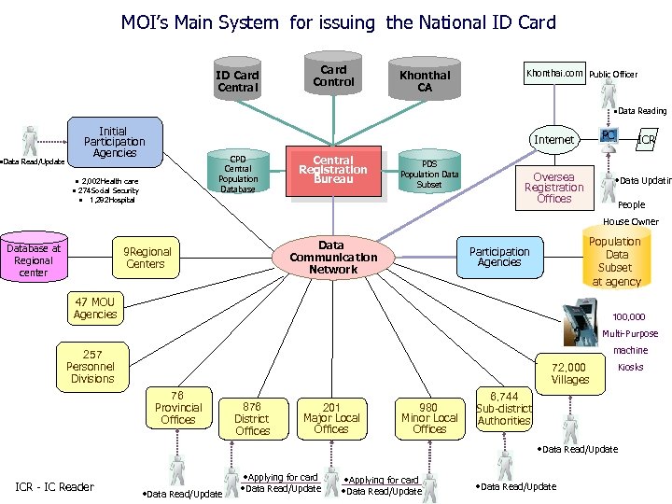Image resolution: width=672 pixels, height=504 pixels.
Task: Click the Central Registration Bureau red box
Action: (333, 171)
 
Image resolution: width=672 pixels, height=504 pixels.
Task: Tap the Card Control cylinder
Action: (333, 76)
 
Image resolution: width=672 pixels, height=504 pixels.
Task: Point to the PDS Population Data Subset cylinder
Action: (429, 172)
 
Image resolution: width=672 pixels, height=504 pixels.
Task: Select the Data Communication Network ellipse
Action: (333, 257)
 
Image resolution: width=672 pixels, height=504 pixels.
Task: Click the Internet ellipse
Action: (553, 140)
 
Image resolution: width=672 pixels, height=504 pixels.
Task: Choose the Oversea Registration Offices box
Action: (553, 188)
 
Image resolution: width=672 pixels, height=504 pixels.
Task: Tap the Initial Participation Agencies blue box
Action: (115, 142)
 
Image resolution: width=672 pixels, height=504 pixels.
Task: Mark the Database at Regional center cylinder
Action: (34, 260)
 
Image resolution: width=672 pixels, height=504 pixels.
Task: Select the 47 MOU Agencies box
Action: (95, 309)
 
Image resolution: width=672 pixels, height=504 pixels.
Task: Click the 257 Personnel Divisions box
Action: (92, 367)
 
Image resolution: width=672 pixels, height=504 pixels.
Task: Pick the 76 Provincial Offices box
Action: (178, 408)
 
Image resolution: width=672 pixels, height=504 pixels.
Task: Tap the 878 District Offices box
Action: (252, 419)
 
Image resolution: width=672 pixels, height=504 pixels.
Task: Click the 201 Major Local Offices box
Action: (331, 418)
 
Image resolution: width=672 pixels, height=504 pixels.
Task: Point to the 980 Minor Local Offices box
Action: (429, 418)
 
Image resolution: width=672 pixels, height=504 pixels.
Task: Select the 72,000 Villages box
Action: (569, 373)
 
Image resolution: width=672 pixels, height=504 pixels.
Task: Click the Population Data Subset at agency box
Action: (616, 261)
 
